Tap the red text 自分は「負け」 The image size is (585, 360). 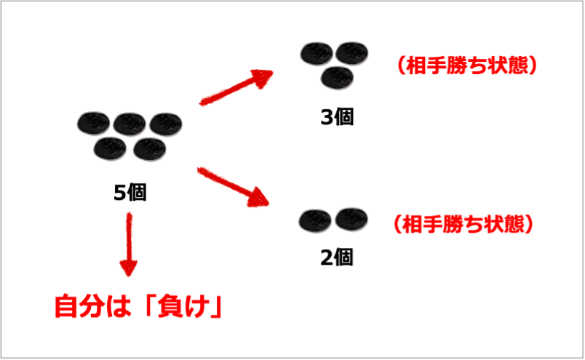(138, 306)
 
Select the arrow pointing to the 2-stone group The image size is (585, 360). (234, 186)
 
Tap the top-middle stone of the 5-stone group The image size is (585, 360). (129, 124)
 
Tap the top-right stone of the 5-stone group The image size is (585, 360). (165, 124)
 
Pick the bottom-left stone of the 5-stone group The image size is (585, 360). (111, 148)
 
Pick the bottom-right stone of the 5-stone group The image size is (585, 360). (149, 148)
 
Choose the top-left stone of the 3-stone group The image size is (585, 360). (317, 52)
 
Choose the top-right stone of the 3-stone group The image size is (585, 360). (351, 52)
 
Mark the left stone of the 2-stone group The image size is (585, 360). (315, 219)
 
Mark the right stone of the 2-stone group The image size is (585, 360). (351, 217)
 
